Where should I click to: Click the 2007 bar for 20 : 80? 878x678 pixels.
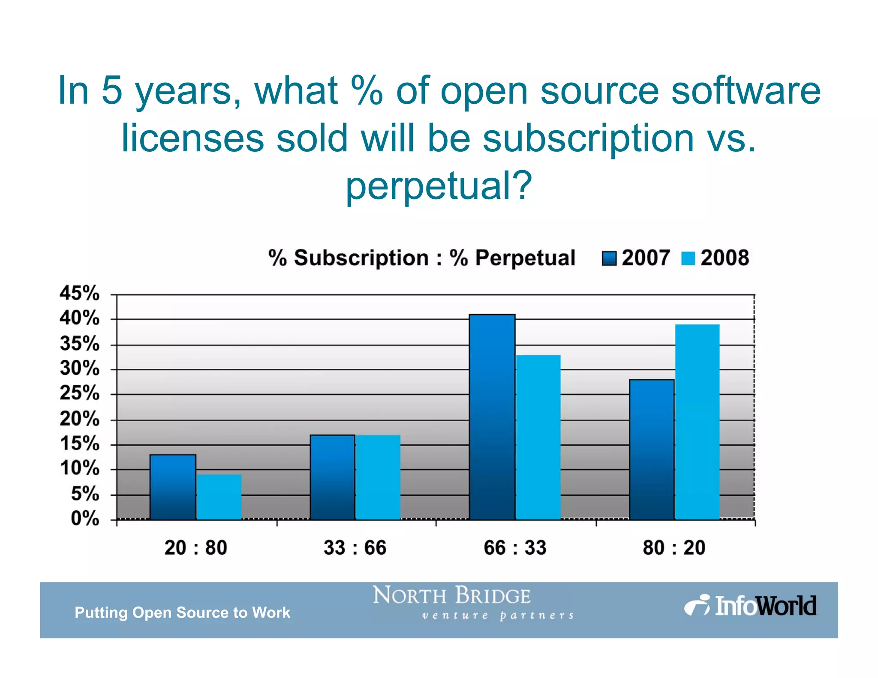click(x=173, y=487)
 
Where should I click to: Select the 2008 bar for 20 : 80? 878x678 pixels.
click(x=219, y=497)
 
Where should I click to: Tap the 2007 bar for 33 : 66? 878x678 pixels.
click(x=332, y=477)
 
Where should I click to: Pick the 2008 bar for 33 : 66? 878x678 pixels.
click(x=378, y=477)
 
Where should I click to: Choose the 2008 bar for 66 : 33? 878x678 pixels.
click(x=538, y=437)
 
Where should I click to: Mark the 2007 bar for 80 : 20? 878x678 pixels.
click(x=652, y=450)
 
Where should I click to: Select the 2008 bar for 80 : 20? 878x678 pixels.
click(x=698, y=422)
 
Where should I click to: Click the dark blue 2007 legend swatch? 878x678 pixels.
click(x=609, y=258)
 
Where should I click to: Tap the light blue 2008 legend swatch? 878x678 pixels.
click(x=688, y=258)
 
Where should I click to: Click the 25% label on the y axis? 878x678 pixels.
click(x=79, y=393)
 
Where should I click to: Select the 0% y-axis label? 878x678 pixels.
click(x=85, y=519)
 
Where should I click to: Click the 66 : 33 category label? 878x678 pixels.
click(x=515, y=548)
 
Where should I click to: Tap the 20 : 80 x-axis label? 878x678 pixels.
click(x=195, y=548)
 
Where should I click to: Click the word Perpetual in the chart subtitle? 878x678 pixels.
click(x=525, y=258)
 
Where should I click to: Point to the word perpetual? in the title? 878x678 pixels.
click(x=439, y=185)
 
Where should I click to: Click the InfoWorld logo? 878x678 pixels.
click(x=750, y=606)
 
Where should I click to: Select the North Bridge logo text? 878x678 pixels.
click(x=452, y=596)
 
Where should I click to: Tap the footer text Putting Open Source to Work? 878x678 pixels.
click(x=182, y=612)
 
